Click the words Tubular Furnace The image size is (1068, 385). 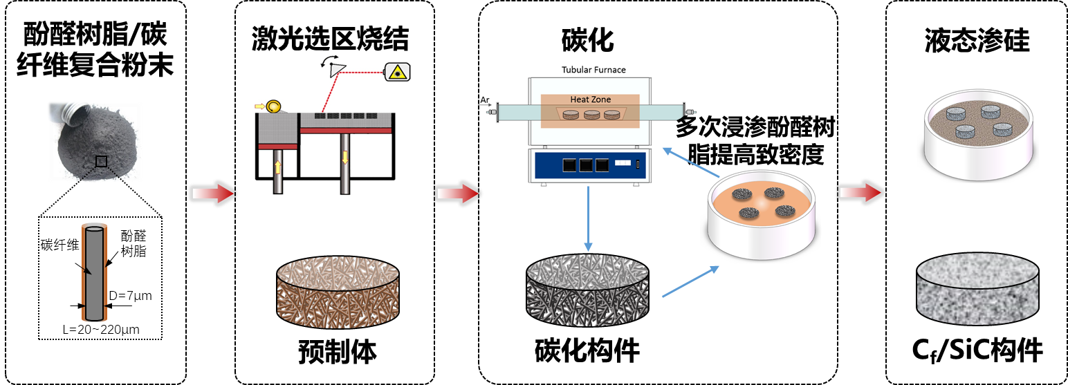593,70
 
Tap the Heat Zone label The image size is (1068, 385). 590,100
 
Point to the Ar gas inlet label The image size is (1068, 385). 485,100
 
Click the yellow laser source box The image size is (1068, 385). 397,71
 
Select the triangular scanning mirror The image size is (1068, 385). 338,68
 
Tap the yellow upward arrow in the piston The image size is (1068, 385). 278,167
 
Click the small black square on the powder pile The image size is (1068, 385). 102,161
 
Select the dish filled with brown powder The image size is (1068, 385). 977,135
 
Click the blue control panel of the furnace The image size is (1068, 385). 588,166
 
